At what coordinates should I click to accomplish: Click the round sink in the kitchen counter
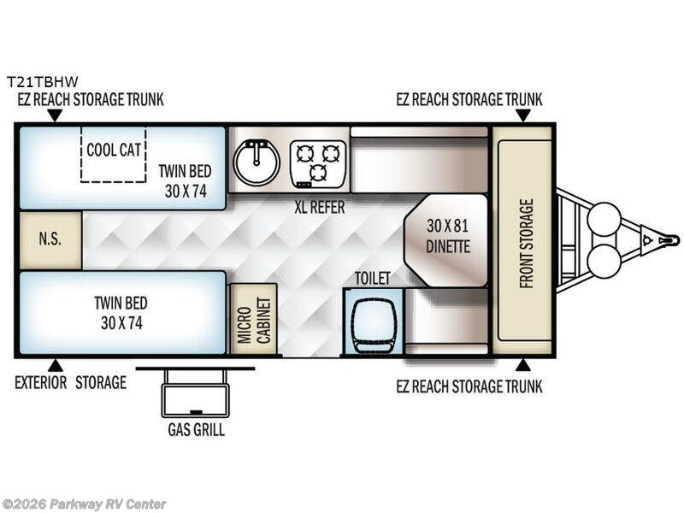coord(256,162)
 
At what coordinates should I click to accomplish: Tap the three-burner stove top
coord(318,164)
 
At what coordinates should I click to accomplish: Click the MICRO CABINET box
coord(253,319)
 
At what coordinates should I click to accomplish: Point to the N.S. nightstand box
coord(50,240)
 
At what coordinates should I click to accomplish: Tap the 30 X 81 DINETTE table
coord(445,240)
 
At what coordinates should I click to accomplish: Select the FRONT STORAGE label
coord(527,243)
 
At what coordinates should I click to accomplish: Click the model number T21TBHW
coord(42,81)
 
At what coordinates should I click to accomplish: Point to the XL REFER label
coord(320,207)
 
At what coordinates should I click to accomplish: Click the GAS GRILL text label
coord(197,430)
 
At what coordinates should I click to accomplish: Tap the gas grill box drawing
coord(196,393)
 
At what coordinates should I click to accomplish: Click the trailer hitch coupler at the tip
coord(669,240)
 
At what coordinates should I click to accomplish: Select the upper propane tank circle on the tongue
coord(604,219)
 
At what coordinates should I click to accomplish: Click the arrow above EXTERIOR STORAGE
coord(55,366)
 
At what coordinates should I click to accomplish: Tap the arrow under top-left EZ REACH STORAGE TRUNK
coord(55,115)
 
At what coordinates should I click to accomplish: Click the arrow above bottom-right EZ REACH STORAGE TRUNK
coord(523,366)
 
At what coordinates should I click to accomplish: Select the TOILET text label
coord(372,278)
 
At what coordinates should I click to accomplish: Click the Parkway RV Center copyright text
coord(83,504)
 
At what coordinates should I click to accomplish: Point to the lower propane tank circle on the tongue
coord(604,261)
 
